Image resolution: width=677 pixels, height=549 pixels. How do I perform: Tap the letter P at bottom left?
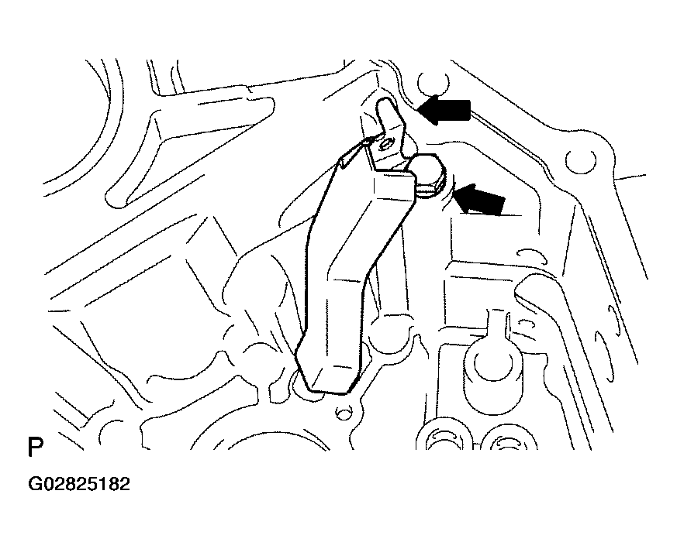click(x=35, y=447)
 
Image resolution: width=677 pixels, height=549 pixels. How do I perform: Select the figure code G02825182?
click(x=79, y=484)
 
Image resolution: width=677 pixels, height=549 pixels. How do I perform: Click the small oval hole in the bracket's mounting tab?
click(x=384, y=146)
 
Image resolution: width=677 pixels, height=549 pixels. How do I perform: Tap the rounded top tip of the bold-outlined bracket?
click(x=385, y=104)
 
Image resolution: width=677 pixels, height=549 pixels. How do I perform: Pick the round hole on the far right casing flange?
click(x=580, y=161)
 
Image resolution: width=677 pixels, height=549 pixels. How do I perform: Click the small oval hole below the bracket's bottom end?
click(x=343, y=414)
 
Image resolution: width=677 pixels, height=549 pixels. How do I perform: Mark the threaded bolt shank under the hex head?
click(x=427, y=189)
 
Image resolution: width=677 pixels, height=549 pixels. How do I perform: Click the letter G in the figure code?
click(x=36, y=484)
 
